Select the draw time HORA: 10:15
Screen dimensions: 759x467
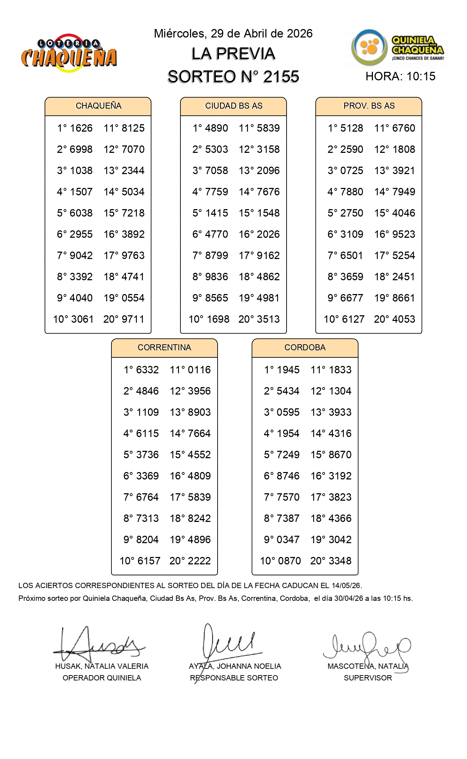click(x=400, y=76)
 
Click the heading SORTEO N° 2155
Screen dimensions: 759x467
click(x=233, y=77)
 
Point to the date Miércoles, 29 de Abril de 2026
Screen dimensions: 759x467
click(x=233, y=34)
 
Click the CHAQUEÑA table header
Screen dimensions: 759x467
click(x=98, y=106)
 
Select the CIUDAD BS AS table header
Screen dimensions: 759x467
click(x=233, y=106)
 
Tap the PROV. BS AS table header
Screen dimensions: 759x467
click(x=369, y=106)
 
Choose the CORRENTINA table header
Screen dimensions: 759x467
click(x=164, y=347)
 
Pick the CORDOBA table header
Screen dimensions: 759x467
click(x=305, y=347)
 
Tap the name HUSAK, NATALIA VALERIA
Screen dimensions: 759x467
click(x=102, y=666)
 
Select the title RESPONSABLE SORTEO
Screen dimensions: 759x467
click(x=234, y=678)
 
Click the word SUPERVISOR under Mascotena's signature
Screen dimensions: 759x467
click(x=368, y=678)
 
